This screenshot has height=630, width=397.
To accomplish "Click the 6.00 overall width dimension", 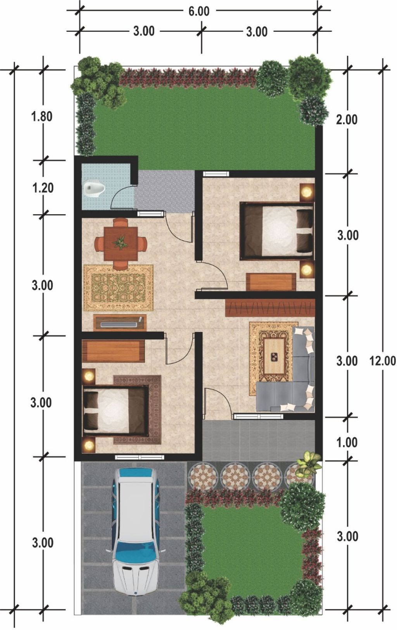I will [x=198, y=11].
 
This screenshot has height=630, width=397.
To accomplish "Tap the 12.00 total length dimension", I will [x=382, y=361].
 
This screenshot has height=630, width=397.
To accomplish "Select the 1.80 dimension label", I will [x=41, y=116].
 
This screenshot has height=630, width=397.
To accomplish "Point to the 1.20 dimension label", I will [x=43, y=188].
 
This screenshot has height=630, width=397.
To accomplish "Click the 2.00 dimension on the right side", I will [x=347, y=119].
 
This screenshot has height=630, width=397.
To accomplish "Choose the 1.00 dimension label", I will [x=347, y=442].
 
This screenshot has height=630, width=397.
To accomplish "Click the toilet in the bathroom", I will [x=94, y=188].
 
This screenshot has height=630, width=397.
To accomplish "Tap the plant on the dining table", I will [x=120, y=242].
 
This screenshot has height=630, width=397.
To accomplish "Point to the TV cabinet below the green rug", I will [x=119, y=323].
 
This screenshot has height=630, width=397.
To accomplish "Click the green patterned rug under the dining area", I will [x=118, y=287].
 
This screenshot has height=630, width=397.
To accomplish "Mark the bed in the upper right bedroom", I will [x=277, y=231].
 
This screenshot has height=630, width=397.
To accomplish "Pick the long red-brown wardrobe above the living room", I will [x=270, y=308].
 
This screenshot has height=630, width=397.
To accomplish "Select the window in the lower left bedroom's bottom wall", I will [x=140, y=457].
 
